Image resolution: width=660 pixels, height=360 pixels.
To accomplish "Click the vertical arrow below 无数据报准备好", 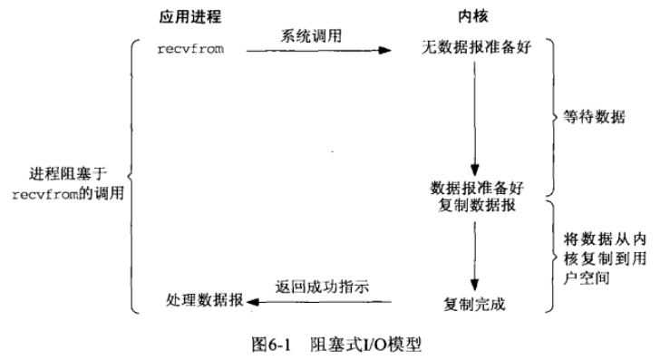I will click(474, 118).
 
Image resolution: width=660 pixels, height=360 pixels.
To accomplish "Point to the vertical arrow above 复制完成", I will click(473, 254).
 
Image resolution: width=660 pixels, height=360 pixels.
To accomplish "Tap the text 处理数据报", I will click(204, 299).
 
